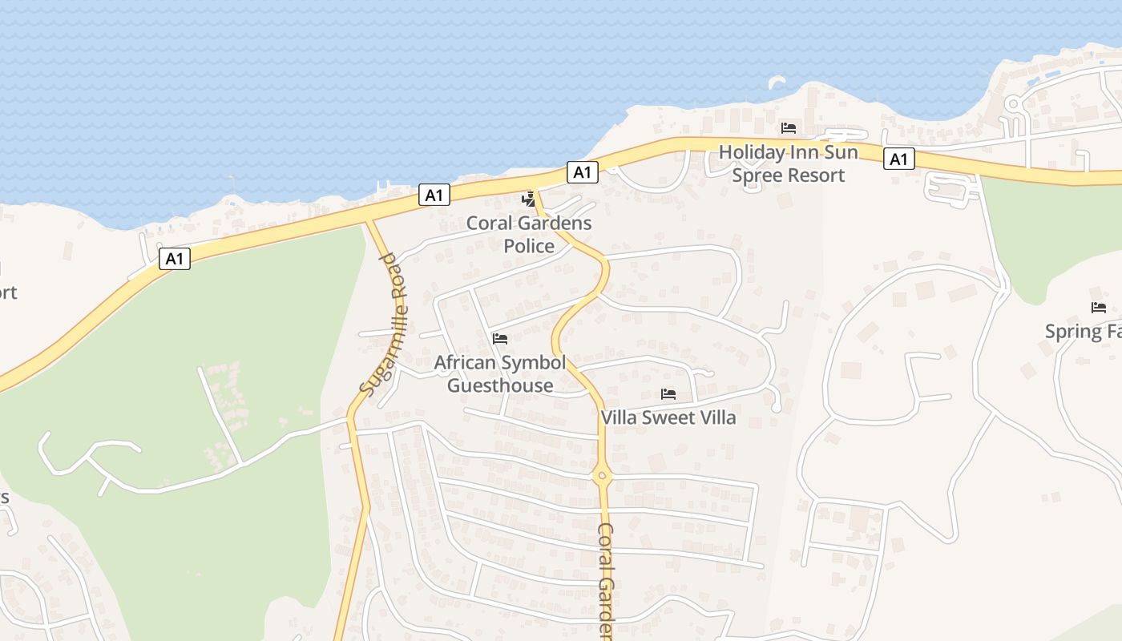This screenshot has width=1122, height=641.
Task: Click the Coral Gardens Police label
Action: click(x=529, y=234)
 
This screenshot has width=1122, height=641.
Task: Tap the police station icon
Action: click(x=528, y=199)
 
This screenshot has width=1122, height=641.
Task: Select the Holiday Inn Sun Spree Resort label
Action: click(x=789, y=163)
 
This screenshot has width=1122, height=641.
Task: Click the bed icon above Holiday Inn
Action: click(x=789, y=128)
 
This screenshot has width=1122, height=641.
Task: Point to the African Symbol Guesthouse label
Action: click(x=500, y=374)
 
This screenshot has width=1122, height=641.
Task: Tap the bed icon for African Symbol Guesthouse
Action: click(x=500, y=339)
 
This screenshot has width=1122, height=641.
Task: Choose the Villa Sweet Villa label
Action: click(x=668, y=417)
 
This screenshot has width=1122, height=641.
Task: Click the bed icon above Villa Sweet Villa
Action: click(x=668, y=394)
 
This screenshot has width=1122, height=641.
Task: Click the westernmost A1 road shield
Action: click(x=175, y=259)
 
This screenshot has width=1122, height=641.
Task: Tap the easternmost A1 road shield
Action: click(x=899, y=159)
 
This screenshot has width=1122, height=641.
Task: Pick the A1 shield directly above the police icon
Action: click(x=583, y=171)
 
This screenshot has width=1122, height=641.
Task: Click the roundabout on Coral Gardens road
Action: click(x=602, y=476)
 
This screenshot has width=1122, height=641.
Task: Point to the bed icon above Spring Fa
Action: click(x=1098, y=308)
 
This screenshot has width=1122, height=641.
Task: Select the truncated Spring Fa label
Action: click(x=1083, y=331)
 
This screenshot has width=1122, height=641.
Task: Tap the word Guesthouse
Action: click(x=500, y=385)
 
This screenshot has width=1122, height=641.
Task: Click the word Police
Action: click(x=529, y=245)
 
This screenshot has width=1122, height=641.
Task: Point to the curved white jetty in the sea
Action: click(x=777, y=80)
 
